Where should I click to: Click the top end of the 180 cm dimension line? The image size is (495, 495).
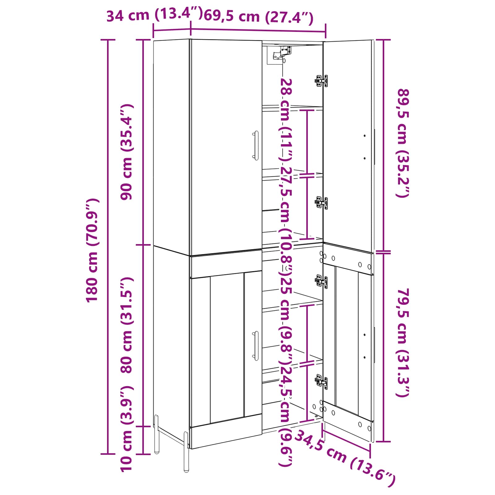point(108,40)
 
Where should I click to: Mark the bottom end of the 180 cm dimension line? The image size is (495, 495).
point(108,454)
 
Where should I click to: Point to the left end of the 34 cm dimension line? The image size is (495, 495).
point(153,30)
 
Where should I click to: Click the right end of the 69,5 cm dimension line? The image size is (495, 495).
point(325,31)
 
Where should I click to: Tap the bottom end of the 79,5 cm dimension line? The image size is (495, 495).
point(383,441)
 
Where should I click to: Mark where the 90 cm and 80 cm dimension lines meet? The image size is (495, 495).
point(143,245)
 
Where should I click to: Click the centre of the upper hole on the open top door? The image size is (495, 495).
point(365,136)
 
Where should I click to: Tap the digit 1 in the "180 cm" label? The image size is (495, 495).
point(92,297)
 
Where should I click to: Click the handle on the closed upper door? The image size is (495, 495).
point(256,145)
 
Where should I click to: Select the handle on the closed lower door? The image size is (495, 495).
point(256,346)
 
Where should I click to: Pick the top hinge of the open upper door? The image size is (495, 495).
point(321,81)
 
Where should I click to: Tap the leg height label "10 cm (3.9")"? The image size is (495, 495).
point(127,428)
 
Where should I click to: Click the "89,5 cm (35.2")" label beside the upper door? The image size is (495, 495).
point(403,143)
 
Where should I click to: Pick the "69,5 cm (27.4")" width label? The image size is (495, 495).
point(259,17)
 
